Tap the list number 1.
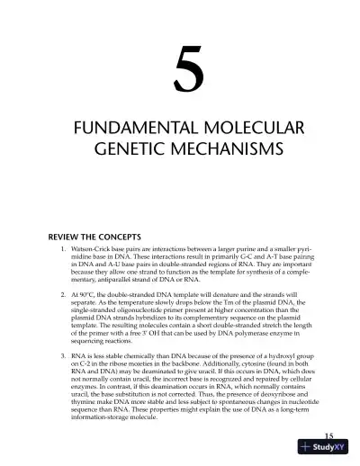tap(61, 246)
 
